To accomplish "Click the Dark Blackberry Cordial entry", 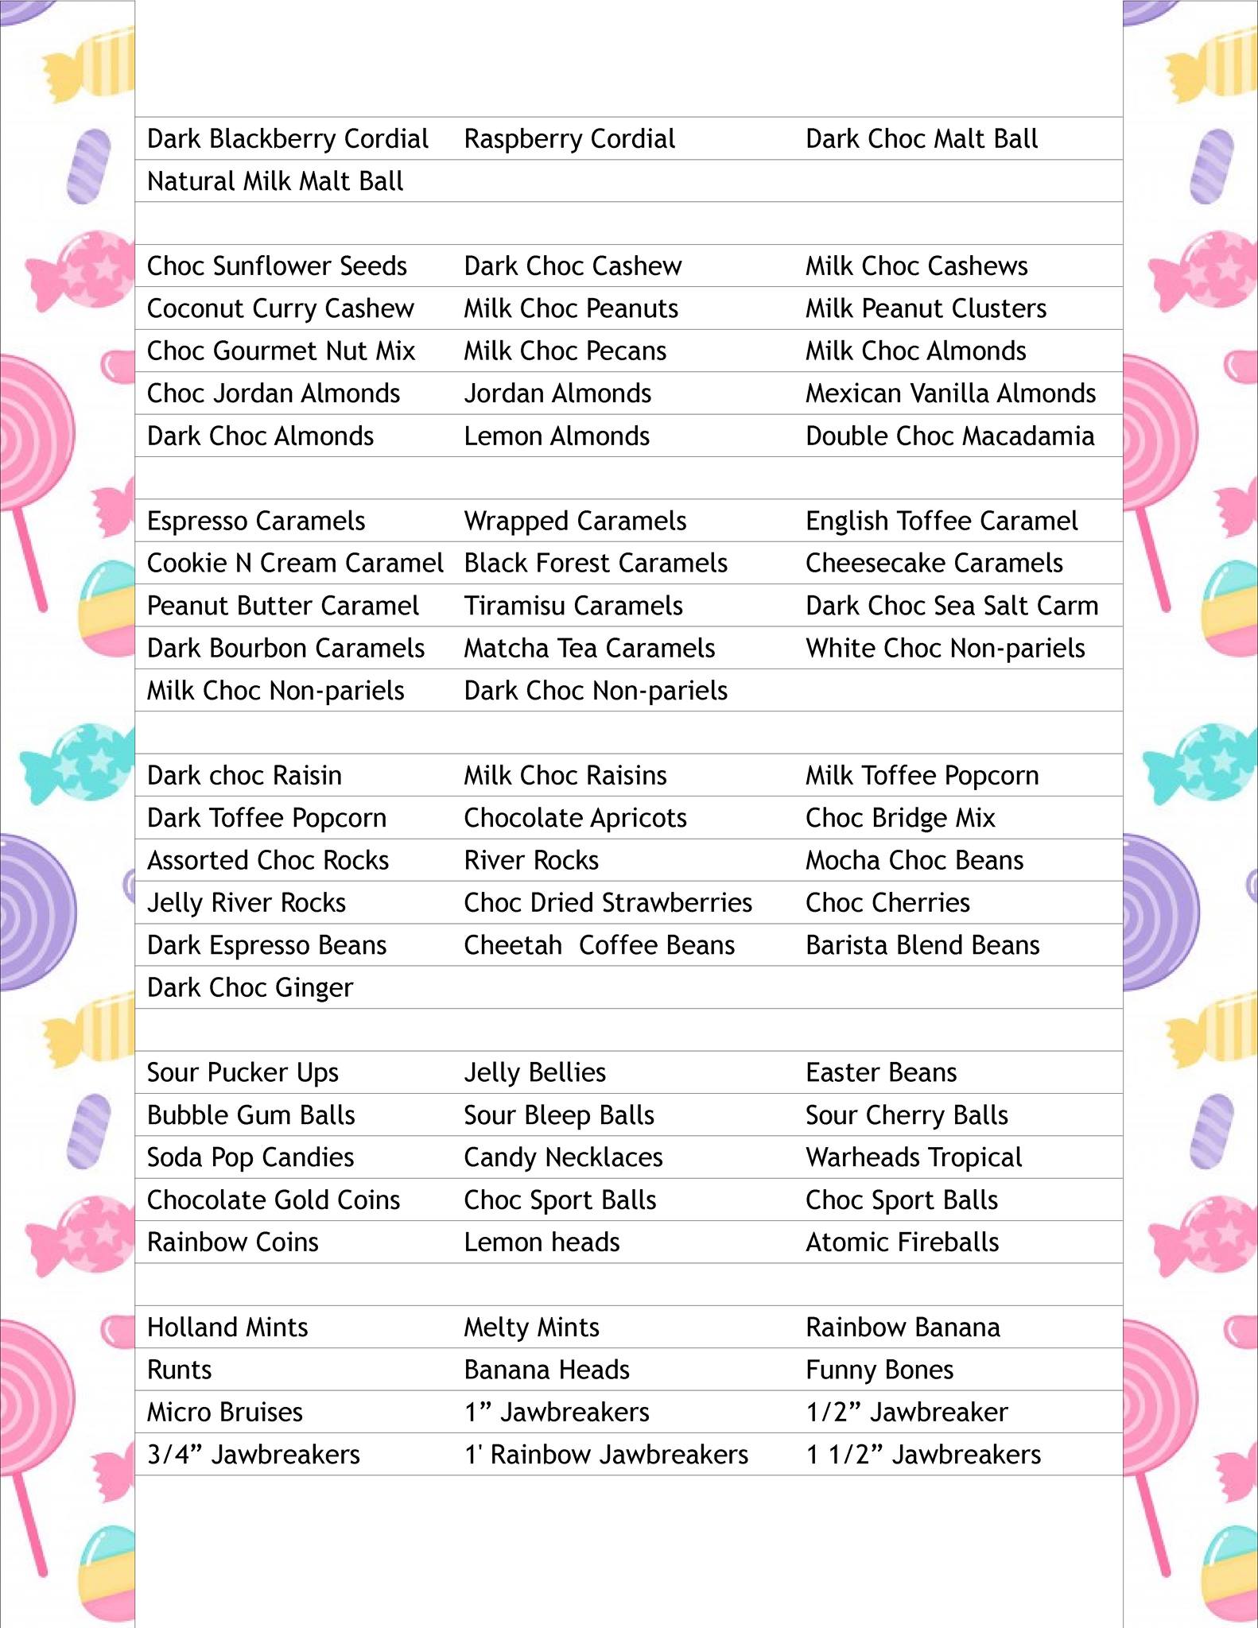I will tap(287, 139).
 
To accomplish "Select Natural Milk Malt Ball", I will tap(275, 181).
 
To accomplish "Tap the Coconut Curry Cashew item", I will tap(280, 308).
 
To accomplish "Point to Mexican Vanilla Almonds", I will tap(950, 393).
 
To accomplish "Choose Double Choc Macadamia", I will tap(949, 436).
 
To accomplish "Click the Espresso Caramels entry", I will tap(255, 521).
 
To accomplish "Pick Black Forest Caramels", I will tap(596, 564).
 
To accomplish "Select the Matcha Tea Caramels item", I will tap(589, 649).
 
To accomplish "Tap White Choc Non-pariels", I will tap(945, 649).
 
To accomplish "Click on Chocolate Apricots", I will tap(575, 818).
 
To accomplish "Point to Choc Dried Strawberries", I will tap(608, 903).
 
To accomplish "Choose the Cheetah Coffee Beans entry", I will tap(599, 945).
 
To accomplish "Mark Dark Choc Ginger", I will tap(250, 988).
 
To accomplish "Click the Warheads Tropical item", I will tap(914, 1157).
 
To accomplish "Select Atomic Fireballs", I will tap(902, 1242).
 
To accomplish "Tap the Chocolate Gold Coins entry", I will tap(273, 1200).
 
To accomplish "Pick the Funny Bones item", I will tap(879, 1370).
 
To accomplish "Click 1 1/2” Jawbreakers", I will tap(922, 1455).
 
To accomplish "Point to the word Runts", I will tap(179, 1370).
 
